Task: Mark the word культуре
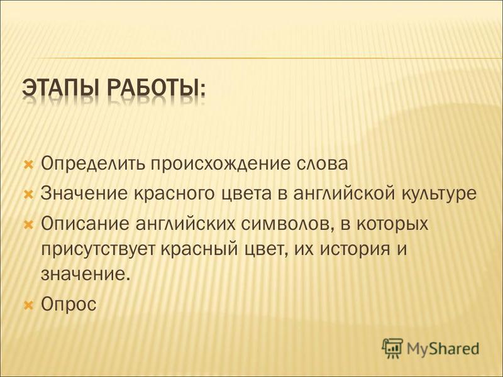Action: click(439, 194)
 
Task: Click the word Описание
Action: click(84, 223)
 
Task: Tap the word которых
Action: click(392, 224)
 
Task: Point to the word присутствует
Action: click(99, 249)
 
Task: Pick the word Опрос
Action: click(69, 303)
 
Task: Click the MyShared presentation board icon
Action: click(392, 348)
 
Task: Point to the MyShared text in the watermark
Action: click(443, 349)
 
